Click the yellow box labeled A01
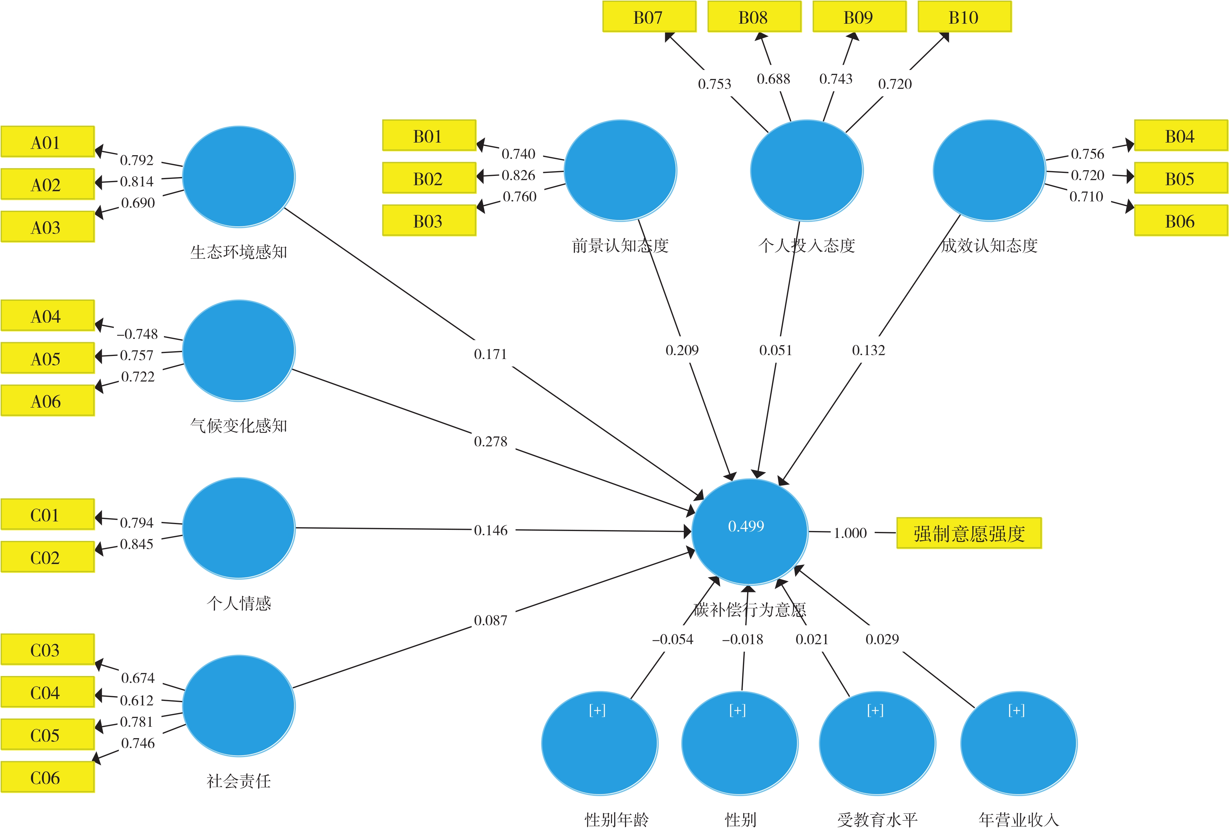pyautogui.click(x=48, y=141)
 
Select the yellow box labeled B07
pyautogui.click(x=650, y=17)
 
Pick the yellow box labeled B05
pyautogui.click(x=1181, y=178)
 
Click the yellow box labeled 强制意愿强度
pyautogui.click(x=968, y=533)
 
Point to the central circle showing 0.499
pyautogui.click(x=750, y=531)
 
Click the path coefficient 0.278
pyautogui.click(x=490, y=441)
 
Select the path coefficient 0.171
pyautogui.click(x=490, y=354)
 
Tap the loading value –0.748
pyautogui.click(x=137, y=334)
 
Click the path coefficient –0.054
pyautogui.click(x=672, y=639)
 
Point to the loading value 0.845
pyautogui.click(x=137, y=544)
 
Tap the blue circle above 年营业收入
pyautogui.click(x=1018, y=743)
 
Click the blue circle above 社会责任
pyautogui.click(x=239, y=705)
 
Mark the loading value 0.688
pyautogui.click(x=773, y=79)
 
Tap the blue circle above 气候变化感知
pyautogui.click(x=239, y=350)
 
